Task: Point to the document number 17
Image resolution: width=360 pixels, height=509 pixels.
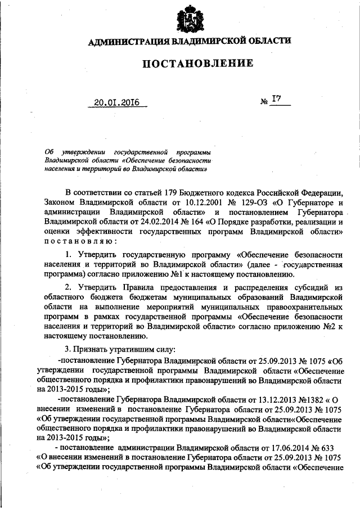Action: point(277,100)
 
